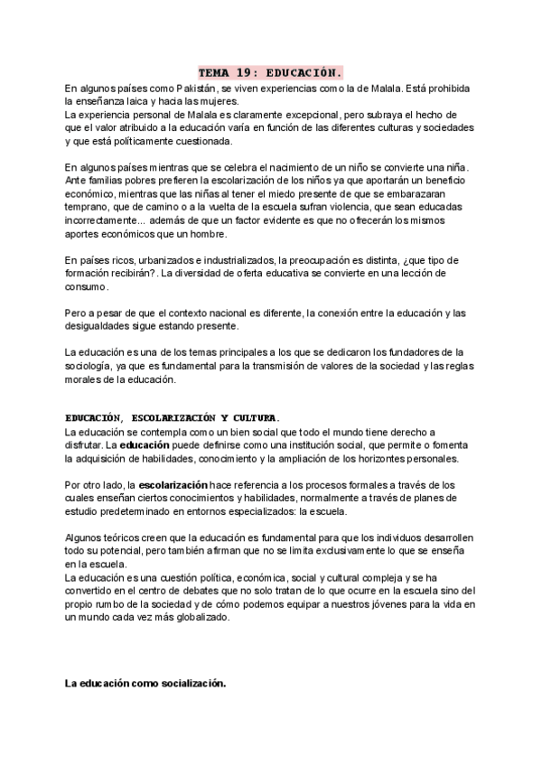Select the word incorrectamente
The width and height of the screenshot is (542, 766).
coord(101,220)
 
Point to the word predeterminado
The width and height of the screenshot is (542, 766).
coord(114,510)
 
